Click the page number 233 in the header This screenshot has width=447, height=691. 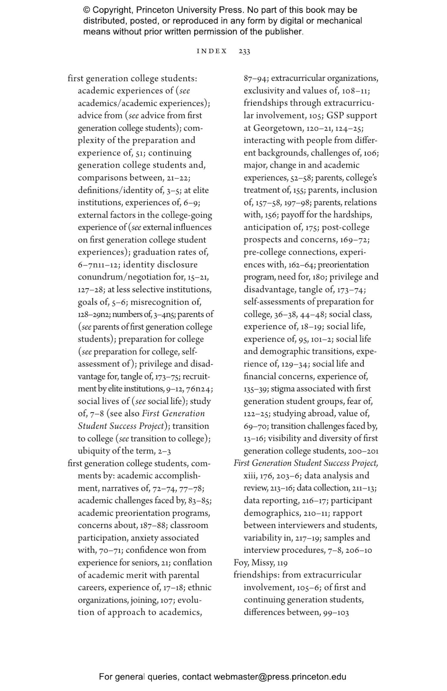244,51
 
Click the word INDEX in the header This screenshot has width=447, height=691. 212,51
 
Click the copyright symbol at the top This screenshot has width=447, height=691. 86,10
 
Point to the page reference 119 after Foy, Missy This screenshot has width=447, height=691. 282,563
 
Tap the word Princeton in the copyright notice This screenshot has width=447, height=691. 154,10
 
